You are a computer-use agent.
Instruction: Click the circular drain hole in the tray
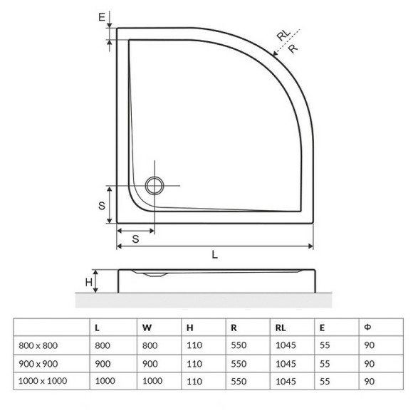[155, 186]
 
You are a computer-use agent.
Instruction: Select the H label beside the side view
[89, 282]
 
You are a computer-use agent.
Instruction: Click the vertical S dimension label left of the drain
[102, 205]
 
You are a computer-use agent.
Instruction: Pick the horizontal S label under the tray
[135, 240]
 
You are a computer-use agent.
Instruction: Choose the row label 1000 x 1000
[43, 381]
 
